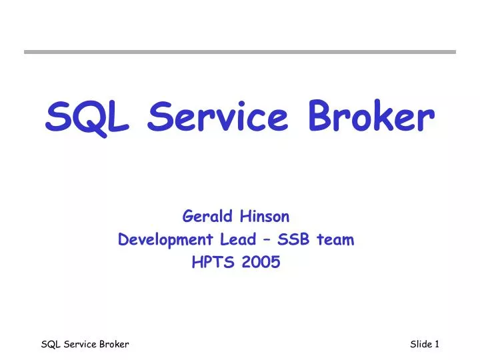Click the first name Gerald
coord(205,216)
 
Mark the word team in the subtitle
coord(333,239)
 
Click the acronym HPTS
coord(211,263)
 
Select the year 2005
coord(261,263)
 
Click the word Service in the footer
coord(79,344)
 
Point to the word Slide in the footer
coord(421,344)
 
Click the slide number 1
coord(437,344)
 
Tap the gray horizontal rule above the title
coord(240,51)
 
